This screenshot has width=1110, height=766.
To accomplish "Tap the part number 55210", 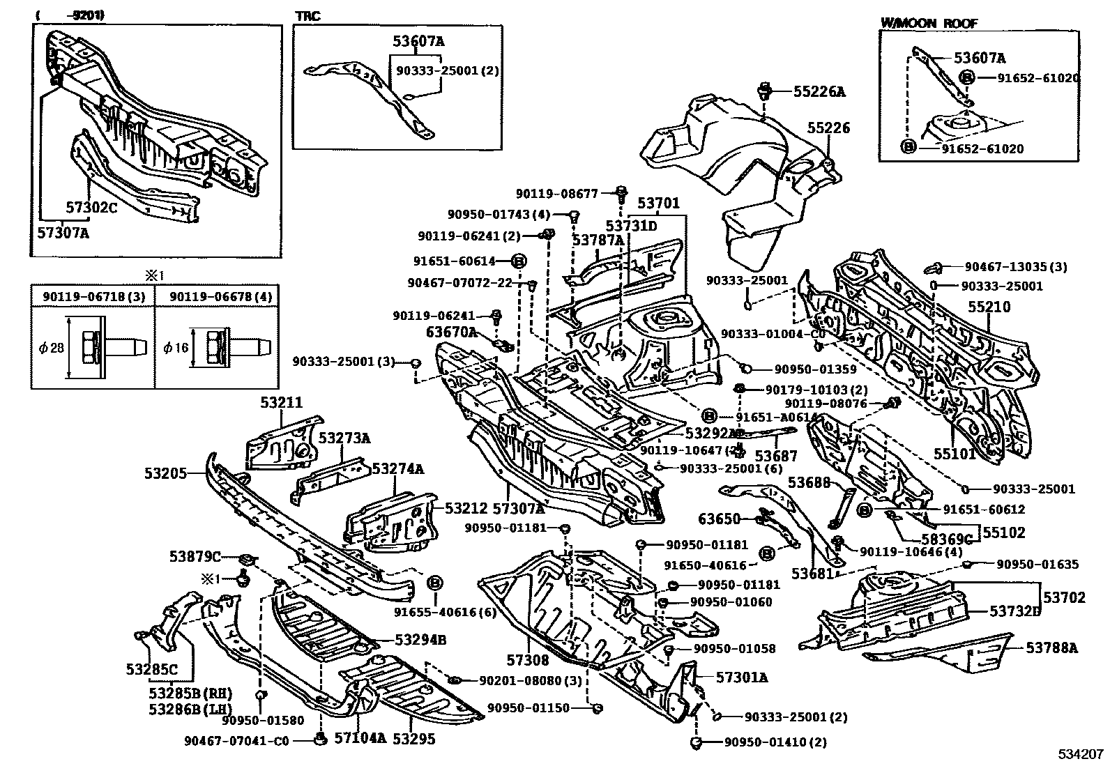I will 988,307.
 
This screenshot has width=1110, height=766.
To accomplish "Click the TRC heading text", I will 307,16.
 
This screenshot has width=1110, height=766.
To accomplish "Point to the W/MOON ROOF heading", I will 929,22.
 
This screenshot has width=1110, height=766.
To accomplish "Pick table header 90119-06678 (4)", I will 217,297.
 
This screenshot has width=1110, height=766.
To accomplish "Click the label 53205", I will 165,473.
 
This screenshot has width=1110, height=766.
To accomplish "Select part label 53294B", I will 420,640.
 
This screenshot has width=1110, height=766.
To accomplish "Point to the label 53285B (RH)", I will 190,694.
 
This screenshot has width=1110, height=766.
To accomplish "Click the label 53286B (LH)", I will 189,708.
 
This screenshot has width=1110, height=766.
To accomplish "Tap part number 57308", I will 528,659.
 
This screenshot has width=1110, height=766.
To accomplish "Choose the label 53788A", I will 1051,648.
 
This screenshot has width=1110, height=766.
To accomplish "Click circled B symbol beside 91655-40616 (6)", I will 434,583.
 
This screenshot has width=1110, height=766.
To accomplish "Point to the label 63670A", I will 451,333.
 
